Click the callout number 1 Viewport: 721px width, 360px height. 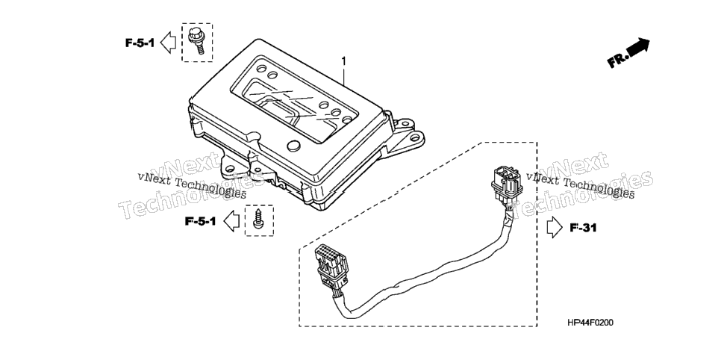pyautogui.click(x=343, y=61)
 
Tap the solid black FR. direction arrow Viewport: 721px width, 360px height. pyautogui.click(x=637, y=47)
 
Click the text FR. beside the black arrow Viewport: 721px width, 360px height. pyautogui.click(x=617, y=60)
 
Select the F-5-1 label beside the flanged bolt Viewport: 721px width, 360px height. pyautogui.click(x=140, y=43)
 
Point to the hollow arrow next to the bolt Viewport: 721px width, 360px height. pyautogui.click(x=168, y=43)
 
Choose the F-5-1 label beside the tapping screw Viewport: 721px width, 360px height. pyautogui.click(x=201, y=221)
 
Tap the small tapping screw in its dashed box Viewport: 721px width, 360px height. pyautogui.click(x=258, y=219)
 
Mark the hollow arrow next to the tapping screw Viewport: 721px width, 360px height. pyautogui.click(x=231, y=221)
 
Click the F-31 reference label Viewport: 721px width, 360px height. pyautogui.click(x=583, y=227)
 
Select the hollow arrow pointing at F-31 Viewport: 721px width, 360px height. pyautogui.click(x=555, y=227)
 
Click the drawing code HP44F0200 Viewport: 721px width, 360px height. pyautogui.click(x=590, y=323)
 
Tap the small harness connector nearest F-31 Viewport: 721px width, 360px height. pyautogui.click(x=505, y=185)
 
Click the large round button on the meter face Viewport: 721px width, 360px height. pyautogui.click(x=293, y=146)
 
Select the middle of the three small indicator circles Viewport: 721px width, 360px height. pyautogui.click(x=335, y=112)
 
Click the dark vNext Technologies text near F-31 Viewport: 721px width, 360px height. pyautogui.click(x=580, y=184)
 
